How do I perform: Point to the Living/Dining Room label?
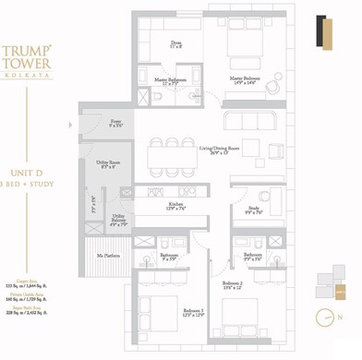click(x=218, y=150)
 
